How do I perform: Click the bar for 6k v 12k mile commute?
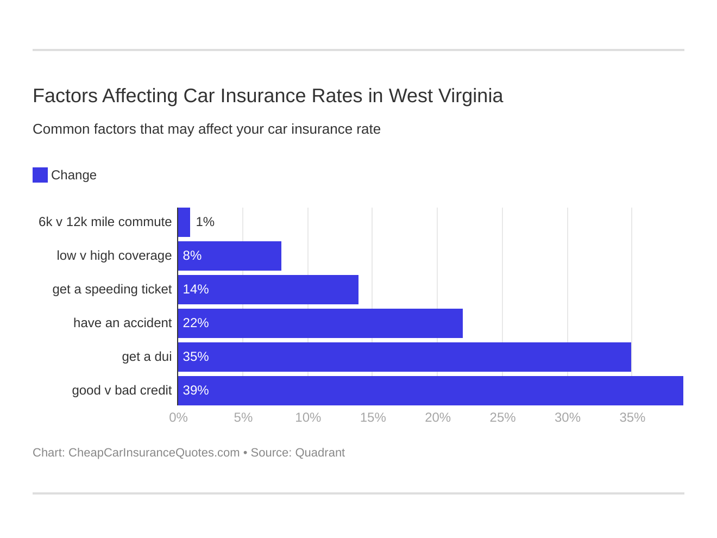pyautogui.click(x=184, y=222)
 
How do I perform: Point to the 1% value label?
pyautogui.click(x=205, y=222)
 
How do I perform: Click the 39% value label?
pyautogui.click(x=196, y=391)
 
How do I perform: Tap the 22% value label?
pyautogui.click(x=196, y=323)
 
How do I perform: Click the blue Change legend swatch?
pyautogui.click(x=40, y=175)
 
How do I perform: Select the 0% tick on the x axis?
pyautogui.click(x=178, y=418)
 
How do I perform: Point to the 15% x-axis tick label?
pyautogui.click(x=373, y=418)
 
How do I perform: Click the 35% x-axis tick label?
pyautogui.click(x=632, y=418)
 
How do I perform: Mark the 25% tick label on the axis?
pyautogui.click(x=502, y=418)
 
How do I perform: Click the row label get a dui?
pyautogui.click(x=147, y=357)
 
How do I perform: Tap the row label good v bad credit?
pyautogui.click(x=122, y=391)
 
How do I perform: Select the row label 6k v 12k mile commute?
pyautogui.click(x=105, y=222)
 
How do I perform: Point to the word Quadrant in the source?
pyautogui.click(x=320, y=453)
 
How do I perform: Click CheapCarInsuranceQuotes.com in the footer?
pyautogui.click(x=154, y=453)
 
